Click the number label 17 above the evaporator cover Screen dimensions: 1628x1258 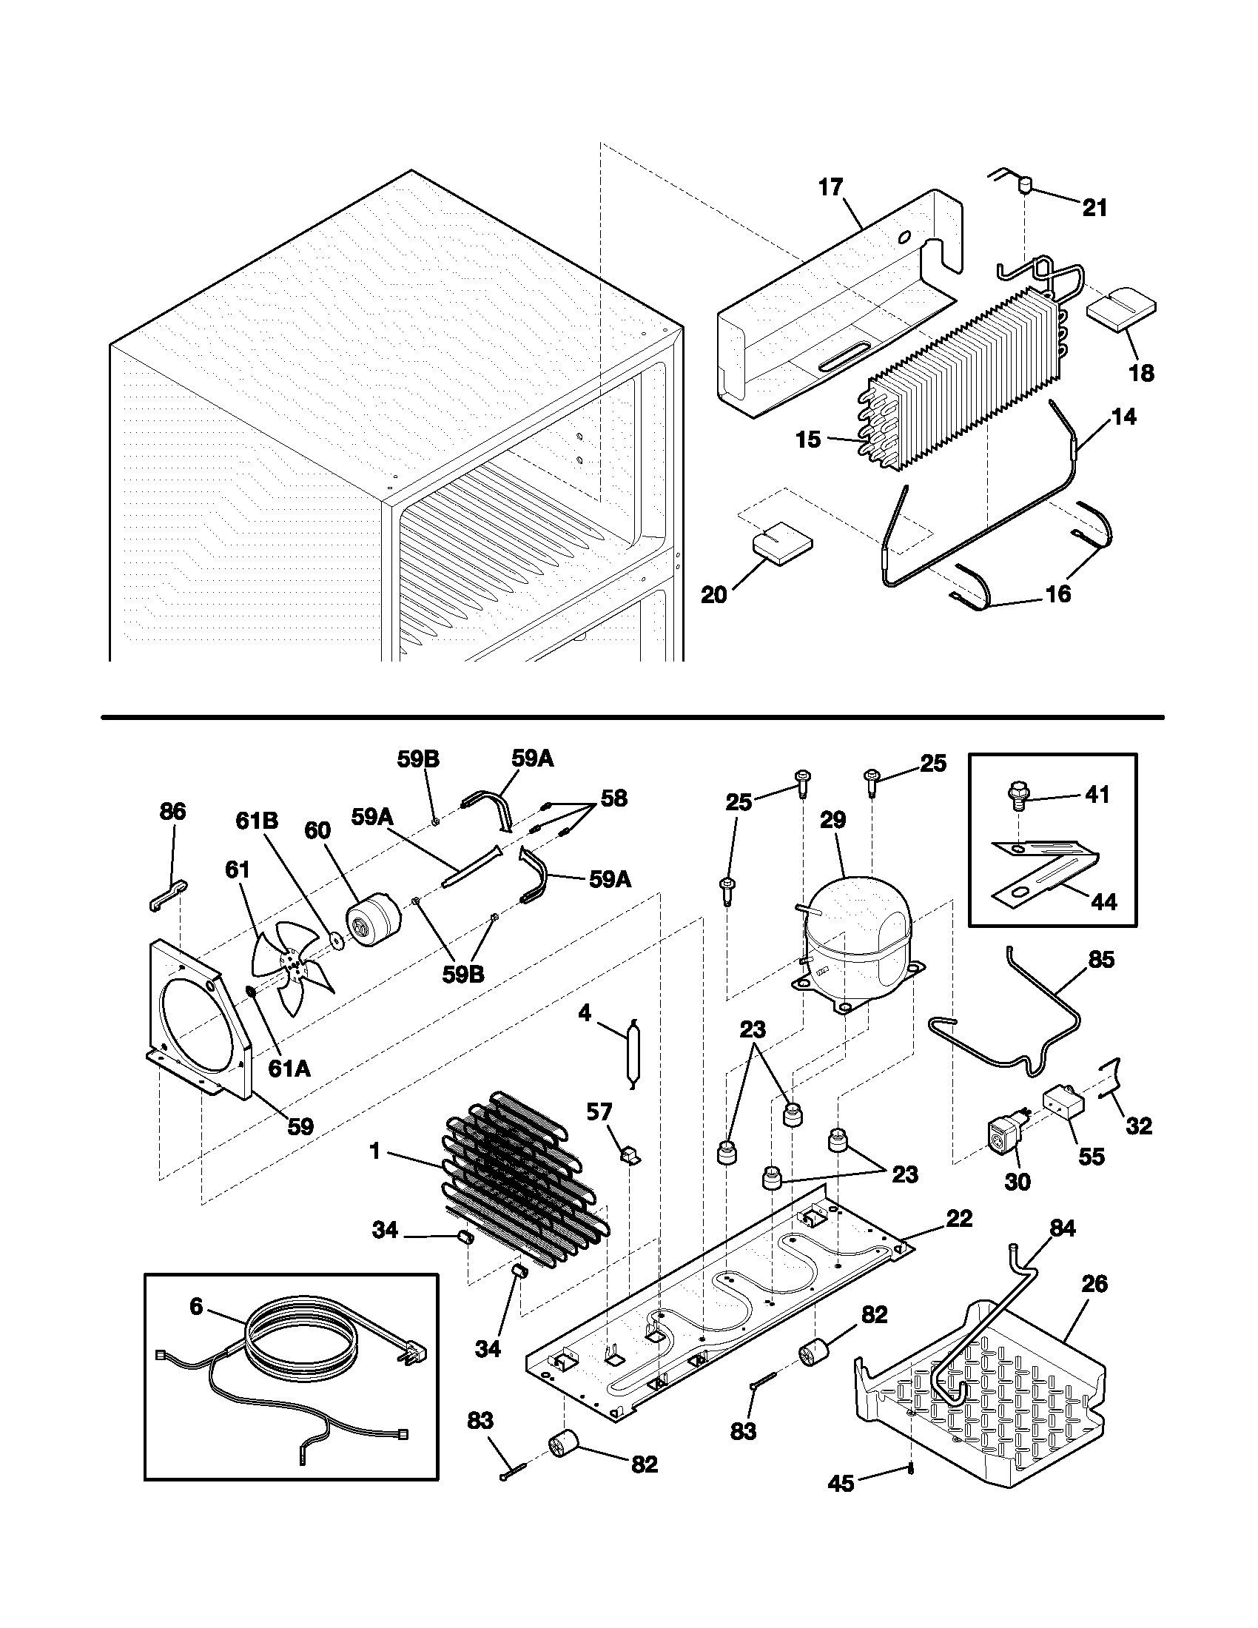[830, 187]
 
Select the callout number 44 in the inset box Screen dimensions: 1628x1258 [1104, 902]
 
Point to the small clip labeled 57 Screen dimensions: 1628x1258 [630, 1154]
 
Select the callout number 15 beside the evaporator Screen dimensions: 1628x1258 [808, 439]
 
